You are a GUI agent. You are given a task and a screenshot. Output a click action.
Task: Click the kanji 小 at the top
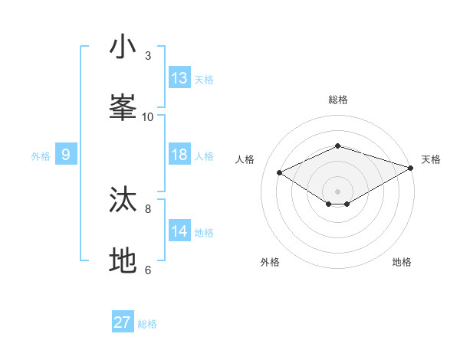[x=123, y=47]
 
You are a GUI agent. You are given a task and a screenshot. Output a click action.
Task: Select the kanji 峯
[x=123, y=108]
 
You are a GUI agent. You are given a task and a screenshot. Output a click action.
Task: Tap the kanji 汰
[x=123, y=200]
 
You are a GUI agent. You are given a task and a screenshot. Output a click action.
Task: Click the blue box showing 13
[x=179, y=78]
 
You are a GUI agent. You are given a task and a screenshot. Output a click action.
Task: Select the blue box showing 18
[x=179, y=155]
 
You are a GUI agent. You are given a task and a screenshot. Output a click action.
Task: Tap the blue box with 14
[x=179, y=231]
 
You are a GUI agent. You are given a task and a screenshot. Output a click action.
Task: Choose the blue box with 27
[x=123, y=322]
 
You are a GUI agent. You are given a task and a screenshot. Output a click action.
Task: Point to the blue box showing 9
[x=66, y=155]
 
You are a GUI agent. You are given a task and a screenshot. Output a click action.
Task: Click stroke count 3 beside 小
[x=148, y=56]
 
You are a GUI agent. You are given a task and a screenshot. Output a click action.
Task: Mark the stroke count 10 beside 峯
[x=148, y=117]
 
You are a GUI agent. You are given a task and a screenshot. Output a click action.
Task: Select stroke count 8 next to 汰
[x=148, y=208]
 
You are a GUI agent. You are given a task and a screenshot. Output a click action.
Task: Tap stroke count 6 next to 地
[x=148, y=270]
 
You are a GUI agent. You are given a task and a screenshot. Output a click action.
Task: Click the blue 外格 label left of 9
[x=41, y=156]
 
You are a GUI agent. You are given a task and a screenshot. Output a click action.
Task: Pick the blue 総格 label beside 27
[x=147, y=324]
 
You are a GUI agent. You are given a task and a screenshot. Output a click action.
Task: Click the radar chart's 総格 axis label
[x=338, y=100]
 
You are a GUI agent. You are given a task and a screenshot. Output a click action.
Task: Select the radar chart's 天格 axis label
[x=431, y=159]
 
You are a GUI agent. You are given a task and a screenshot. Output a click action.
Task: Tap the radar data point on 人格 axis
[x=280, y=173]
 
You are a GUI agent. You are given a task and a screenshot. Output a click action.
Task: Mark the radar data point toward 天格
[x=412, y=168]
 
